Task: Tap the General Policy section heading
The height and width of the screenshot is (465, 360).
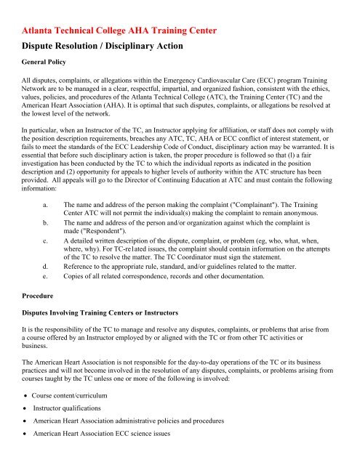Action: click(x=45, y=70)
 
